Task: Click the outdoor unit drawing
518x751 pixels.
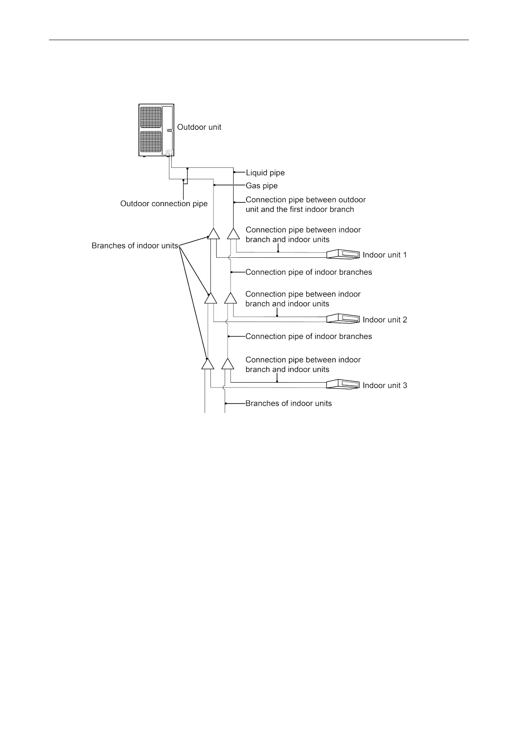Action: [x=156, y=130]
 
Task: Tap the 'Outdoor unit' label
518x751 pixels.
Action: [x=199, y=127]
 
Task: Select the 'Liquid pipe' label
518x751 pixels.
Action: [x=265, y=173]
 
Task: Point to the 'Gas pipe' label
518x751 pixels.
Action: [x=262, y=186]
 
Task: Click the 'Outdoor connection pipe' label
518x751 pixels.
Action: [x=164, y=204]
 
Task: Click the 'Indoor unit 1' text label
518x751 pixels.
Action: [x=385, y=255]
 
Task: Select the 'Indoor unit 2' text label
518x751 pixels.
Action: [x=385, y=320]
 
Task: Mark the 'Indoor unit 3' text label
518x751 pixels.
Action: [x=385, y=385]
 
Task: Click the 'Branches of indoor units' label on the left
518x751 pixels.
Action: [x=135, y=246]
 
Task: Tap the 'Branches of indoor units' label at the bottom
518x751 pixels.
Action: [x=288, y=404]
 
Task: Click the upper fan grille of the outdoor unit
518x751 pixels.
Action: [x=151, y=117]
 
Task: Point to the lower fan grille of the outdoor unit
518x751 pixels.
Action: [x=151, y=142]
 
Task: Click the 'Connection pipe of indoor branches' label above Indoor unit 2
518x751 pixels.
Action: [x=308, y=272]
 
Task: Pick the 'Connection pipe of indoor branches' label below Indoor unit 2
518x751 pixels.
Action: [x=308, y=336]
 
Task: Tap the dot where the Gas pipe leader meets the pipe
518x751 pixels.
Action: [x=214, y=185]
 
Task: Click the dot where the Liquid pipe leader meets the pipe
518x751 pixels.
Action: [x=234, y=172]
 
